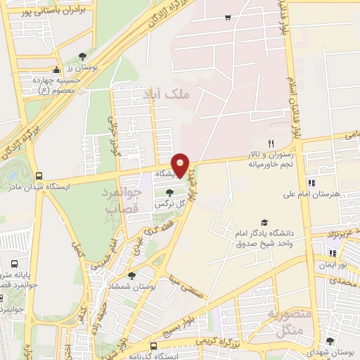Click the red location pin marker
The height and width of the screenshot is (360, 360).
point(181,165)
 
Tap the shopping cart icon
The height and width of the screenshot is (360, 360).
point(227,18)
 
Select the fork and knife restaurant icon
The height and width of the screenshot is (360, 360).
point(261,143)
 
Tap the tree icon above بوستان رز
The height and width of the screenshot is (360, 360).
point(82,56)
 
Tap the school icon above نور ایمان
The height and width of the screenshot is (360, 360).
point(331,253)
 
